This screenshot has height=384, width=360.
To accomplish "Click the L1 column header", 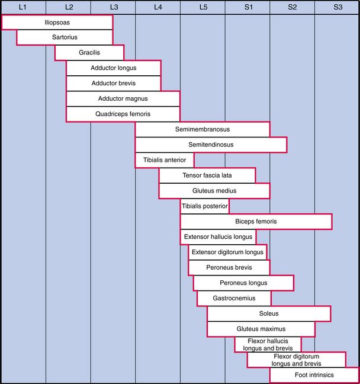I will click(22, 7).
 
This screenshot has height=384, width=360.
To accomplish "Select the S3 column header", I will click(337, 7).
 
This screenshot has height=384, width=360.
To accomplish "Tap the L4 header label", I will click(157, 7).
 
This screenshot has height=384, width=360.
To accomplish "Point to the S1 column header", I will click(247, 7).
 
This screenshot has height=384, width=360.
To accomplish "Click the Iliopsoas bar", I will click(57, 22).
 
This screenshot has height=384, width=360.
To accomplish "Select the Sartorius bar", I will click(65, 37).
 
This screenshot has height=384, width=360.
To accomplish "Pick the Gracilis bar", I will click(89, 53).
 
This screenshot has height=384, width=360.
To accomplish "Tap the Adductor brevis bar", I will click(113, 84).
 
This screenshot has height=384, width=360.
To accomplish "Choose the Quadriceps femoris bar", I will click(123, 114).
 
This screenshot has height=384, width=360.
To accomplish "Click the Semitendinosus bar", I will click(211, 145).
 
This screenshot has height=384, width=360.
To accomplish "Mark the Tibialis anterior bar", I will click(165, 160).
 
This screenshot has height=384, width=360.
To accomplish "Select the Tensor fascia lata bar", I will click(207, 175).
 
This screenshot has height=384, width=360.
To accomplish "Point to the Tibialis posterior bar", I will click(205, 206).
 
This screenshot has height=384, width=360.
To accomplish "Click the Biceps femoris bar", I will click(256, 222).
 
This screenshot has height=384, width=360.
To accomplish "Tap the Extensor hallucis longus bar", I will click(218, 237).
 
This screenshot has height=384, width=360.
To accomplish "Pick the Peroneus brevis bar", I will click(229, 268).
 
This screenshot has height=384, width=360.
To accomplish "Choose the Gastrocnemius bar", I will click(234, 298).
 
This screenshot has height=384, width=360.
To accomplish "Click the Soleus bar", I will click(269, 313).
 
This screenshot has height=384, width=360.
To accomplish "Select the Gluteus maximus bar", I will click(261, 329).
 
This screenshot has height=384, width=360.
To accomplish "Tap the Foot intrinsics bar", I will click(314, 375).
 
